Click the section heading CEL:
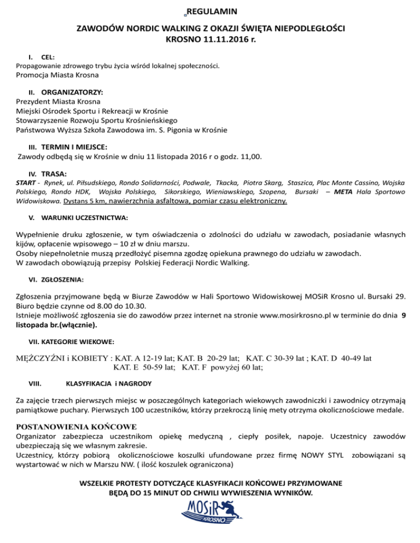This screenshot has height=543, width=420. pyautogui.click(x=48, y=56)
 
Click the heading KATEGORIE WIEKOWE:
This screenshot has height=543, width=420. pyautogui.click(x=71, y=342)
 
